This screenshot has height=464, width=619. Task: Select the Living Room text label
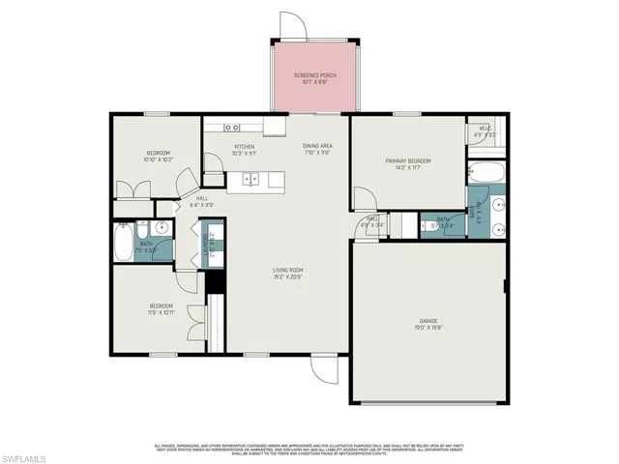[x=288, y=274]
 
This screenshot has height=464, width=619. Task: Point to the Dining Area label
[x=317, y=148]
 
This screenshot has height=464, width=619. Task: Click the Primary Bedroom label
[x=408, y=164]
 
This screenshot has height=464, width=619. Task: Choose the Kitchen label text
[x=244, y=150]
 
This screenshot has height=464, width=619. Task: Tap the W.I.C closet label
[x=485, y=132]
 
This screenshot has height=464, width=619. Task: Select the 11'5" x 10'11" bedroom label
[x=161, y=308]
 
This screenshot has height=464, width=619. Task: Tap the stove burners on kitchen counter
[x=232, y=127]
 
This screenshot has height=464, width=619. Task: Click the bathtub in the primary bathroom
[x=484, y=174]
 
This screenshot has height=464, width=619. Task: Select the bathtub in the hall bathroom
[x=123, y=242]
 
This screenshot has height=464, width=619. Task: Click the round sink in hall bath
[x=161, y=229]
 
